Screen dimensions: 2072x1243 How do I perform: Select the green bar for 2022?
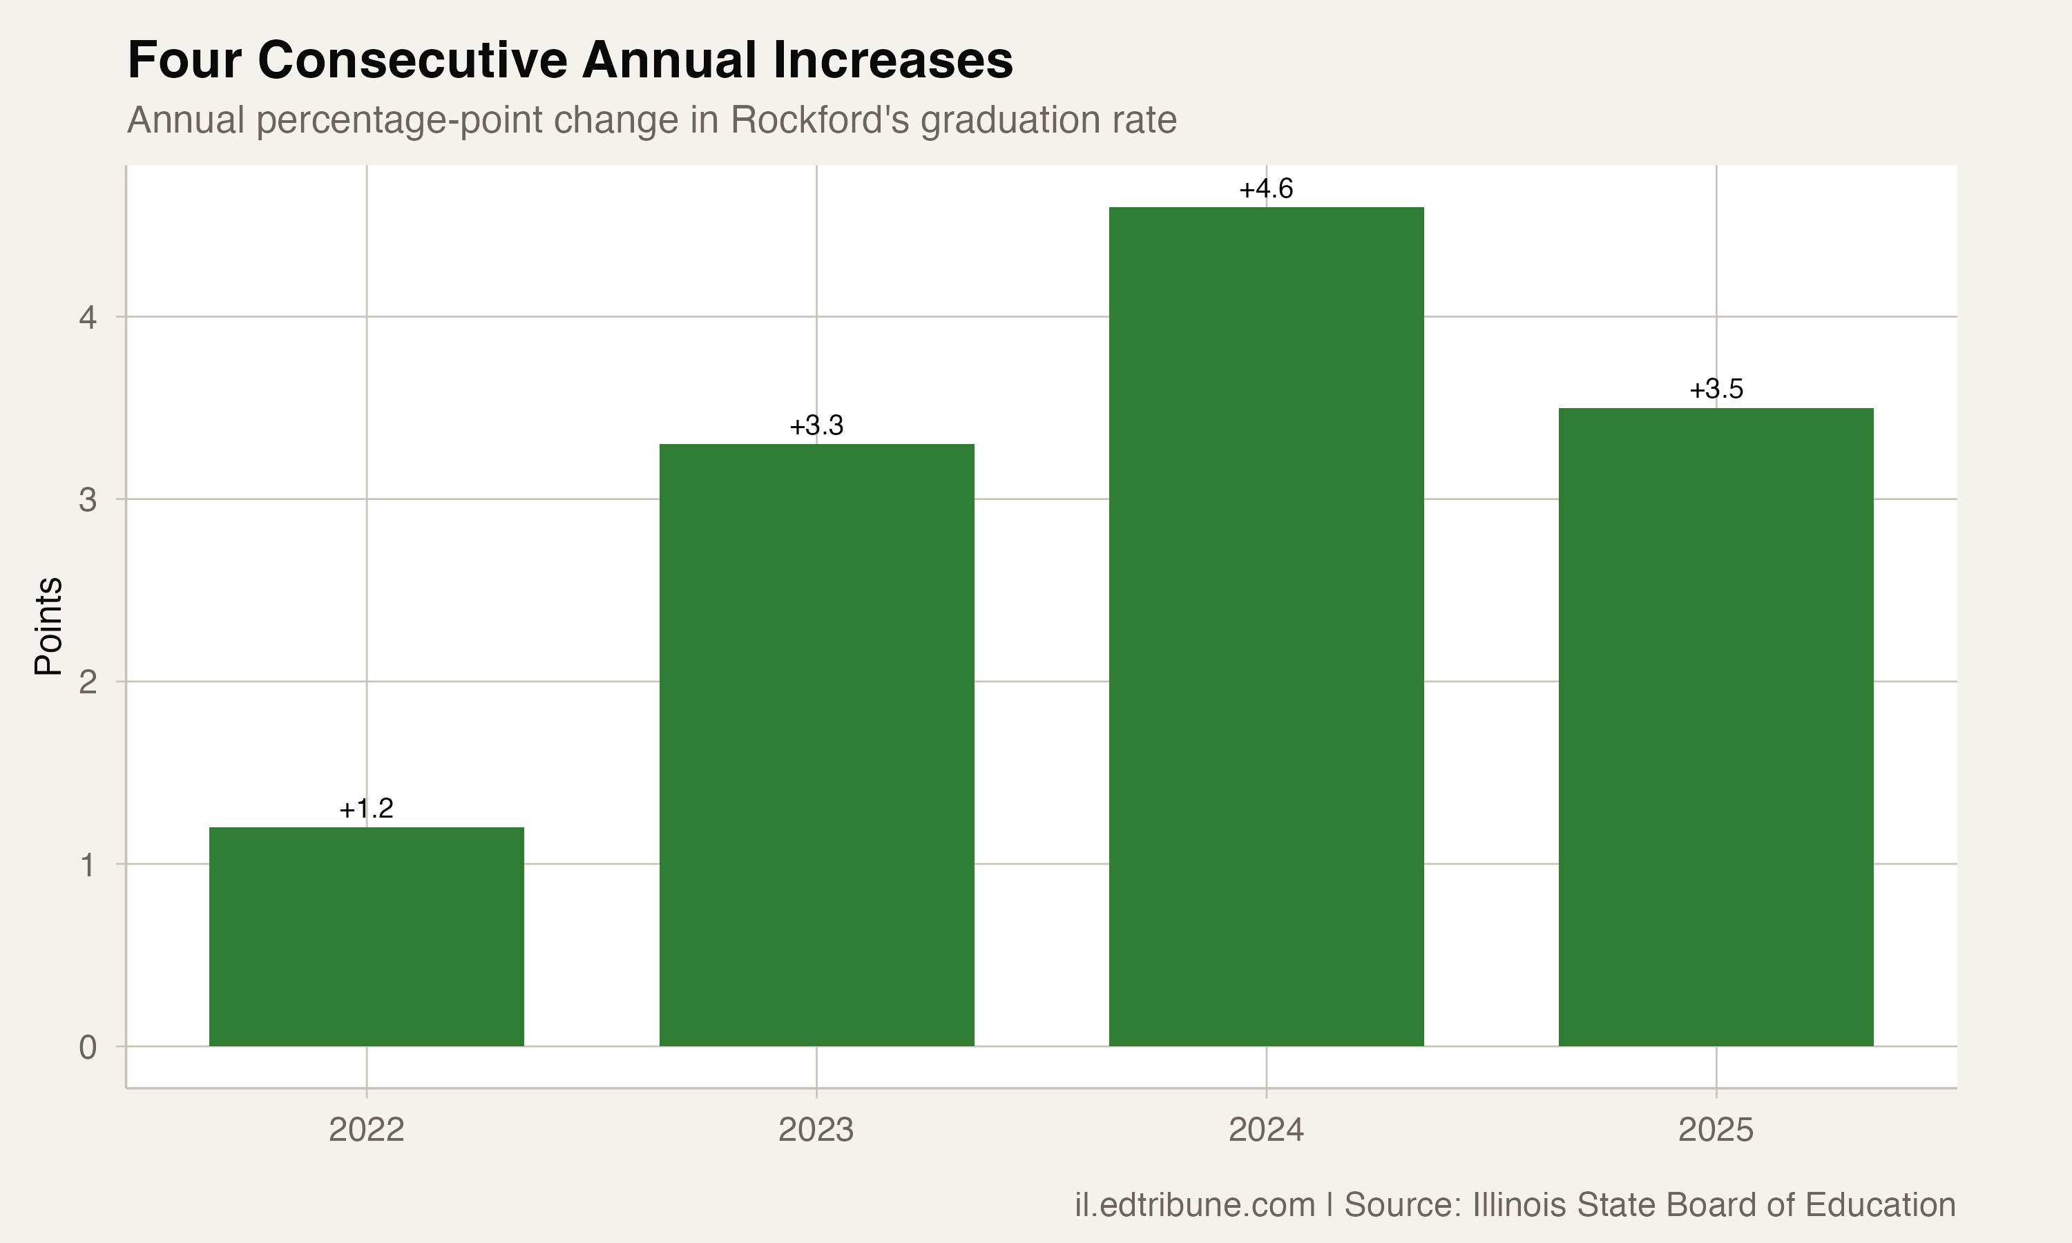tap(366, 936)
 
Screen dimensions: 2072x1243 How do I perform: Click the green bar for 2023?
tap(816, 744)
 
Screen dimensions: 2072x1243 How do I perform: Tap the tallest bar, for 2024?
tap(1266, 626)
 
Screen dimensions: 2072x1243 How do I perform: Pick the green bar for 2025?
tap(1716, 727)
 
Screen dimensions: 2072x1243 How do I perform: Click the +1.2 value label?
tap(366, 808)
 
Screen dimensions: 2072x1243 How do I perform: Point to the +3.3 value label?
tap(816, 425)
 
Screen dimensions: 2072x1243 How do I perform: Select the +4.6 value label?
tap(1266, 189)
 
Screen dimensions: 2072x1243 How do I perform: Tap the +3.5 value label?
tap(1716, 389)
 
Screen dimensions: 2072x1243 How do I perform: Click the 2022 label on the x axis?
tap(366, 1130)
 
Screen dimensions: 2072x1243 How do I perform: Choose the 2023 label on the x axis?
tap(816, 1130)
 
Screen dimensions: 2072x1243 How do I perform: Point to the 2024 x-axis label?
tap(1266, 1130)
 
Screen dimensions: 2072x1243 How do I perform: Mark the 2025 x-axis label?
tap(1716, 1130)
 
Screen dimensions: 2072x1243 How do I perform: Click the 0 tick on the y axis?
tap(88, 1047)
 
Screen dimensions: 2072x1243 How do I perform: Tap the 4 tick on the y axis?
tap(88, 318)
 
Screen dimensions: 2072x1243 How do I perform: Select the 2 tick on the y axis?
tap(88, 682)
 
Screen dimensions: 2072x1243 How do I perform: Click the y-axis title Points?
tap(48, 626)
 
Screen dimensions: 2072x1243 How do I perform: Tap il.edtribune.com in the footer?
tap(1195, 1204)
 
